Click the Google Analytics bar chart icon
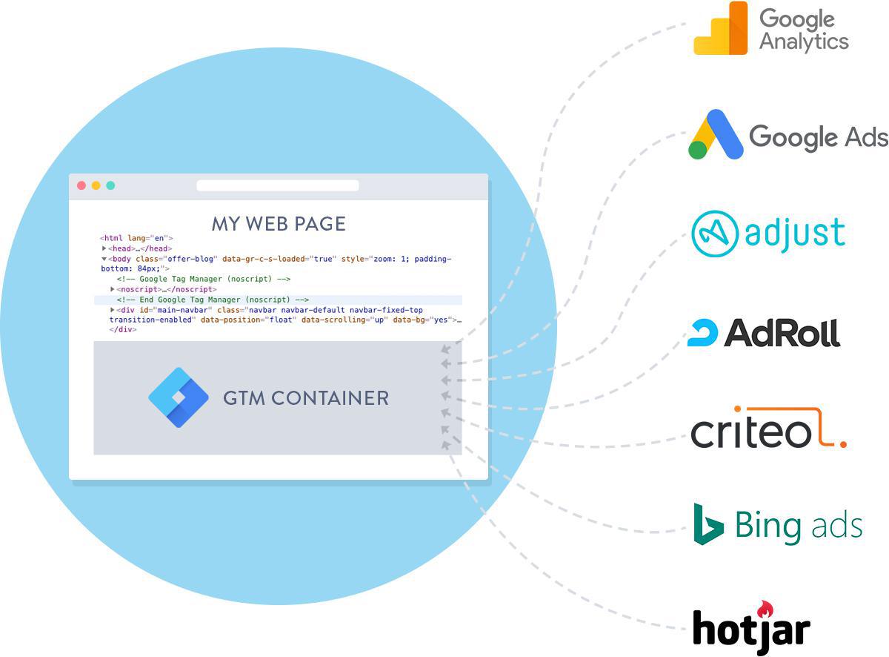(721, 30)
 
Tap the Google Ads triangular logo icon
(716, 135)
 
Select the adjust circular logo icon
(714, 234)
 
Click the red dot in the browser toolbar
(81, 185)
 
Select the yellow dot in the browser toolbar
(96, 185)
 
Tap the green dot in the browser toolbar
(110, 185)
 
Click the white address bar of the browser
(277, 185)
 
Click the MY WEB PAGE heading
(279, 223)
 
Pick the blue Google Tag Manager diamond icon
(179, 397)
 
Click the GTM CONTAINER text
(306, 398)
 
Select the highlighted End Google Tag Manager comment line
(213, 300)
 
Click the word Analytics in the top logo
(804, 41)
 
